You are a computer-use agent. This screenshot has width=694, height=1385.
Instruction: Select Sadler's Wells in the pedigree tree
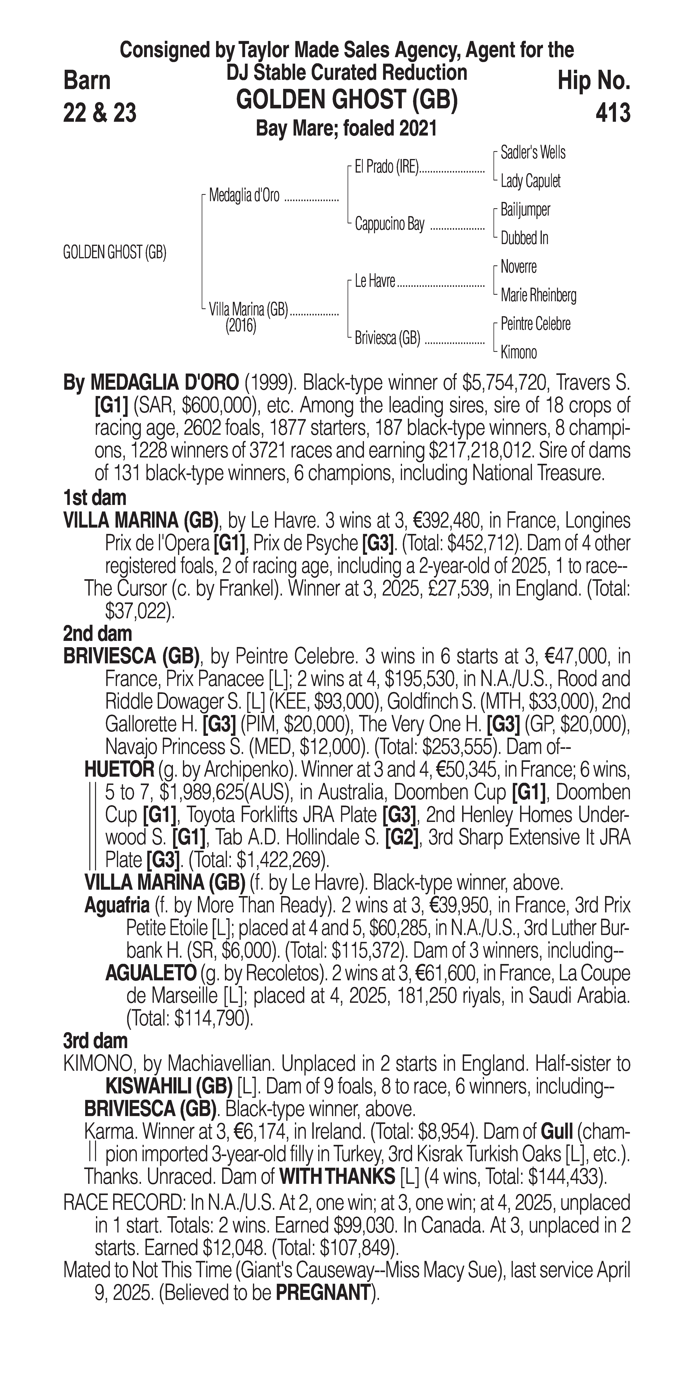click(533, 153)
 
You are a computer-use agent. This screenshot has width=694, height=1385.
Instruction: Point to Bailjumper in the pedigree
click(525, 210)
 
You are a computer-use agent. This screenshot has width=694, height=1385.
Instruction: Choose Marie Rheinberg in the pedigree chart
click(538, 295)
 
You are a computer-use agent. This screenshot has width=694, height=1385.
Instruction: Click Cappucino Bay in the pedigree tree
click(390, 224)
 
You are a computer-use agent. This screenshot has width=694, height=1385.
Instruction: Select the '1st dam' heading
click(95, 498)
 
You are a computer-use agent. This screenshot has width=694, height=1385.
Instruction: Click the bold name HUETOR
click(119, 770)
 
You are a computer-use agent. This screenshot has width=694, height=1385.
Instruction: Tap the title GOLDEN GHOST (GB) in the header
click(347, 100)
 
